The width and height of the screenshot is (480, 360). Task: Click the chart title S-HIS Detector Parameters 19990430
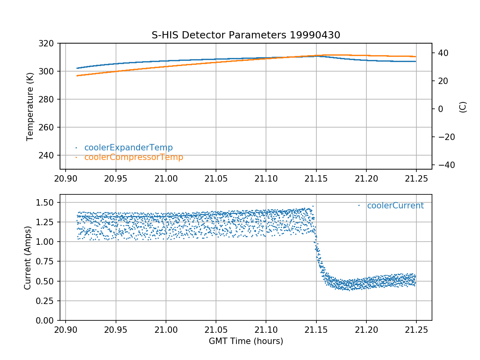[246, 35]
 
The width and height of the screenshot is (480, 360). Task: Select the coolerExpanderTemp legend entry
[128, 148]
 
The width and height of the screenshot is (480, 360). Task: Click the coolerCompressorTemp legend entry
[134, 157]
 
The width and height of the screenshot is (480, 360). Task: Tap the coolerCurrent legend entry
[395, 206]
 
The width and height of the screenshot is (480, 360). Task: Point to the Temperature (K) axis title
[30, 106]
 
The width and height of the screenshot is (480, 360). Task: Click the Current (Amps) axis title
[27, 257]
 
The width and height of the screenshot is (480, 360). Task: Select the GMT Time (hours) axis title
[246, 341]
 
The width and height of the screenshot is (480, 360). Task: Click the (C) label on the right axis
[463, 107]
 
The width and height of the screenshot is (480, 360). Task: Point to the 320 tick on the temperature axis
[49, 43]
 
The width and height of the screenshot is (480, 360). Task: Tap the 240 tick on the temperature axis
[49, 156]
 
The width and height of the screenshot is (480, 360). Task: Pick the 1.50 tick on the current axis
[47, 202]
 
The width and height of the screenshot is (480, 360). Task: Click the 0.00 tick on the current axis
[47, 320]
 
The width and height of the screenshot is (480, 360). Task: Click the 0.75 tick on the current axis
[47, 262]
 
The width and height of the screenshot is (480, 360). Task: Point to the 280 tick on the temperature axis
[49, 100]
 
